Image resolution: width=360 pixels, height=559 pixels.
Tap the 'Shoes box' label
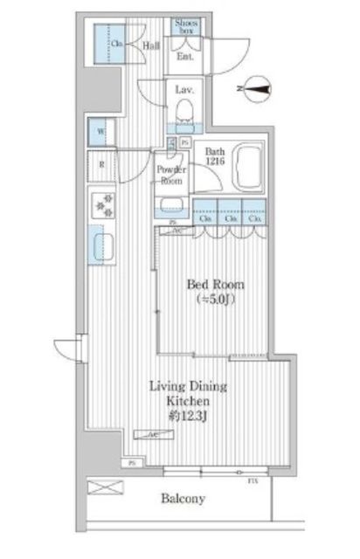(185, 26)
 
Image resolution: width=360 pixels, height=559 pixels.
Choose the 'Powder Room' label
(169, 175)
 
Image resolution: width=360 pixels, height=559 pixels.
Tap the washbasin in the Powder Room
(170, 207)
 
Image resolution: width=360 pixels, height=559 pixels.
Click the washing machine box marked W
(101, 134)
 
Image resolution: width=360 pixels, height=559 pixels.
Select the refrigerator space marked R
(101, 164)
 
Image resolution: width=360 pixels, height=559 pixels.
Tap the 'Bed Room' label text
(215, 286)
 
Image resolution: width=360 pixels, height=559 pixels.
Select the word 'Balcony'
(183, 500)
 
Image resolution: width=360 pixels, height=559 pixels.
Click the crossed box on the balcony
(100, 487)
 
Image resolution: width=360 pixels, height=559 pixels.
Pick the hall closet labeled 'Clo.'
(114, 43)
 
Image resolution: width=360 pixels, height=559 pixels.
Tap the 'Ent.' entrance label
(185, 57)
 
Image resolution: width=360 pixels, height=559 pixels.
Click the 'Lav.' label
(183, 90)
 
